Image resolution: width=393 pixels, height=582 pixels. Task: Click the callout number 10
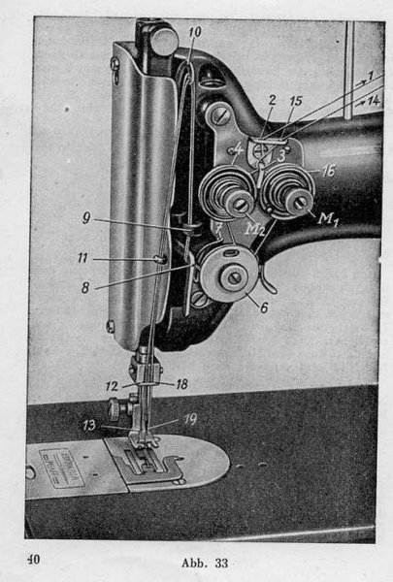195,32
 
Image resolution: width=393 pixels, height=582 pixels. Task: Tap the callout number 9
86,217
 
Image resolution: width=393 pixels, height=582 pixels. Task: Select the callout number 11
82,258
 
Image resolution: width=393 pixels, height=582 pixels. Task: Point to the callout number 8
85,287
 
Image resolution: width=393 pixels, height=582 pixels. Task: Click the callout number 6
264,307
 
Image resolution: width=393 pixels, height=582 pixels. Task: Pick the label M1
326,218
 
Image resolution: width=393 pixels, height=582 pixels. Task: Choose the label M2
254,229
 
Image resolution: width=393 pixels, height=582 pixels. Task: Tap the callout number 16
328,171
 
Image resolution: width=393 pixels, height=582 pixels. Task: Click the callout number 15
296,101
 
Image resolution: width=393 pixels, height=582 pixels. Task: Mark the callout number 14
374,100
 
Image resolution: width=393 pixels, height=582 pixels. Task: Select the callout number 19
190,419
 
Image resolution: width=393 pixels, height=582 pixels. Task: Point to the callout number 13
89,425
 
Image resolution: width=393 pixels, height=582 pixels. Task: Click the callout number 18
182,384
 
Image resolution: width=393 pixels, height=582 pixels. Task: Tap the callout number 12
112,386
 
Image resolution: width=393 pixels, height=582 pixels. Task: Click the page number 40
33,559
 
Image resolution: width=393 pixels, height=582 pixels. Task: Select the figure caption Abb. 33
205,563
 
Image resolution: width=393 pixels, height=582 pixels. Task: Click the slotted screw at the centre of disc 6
234,277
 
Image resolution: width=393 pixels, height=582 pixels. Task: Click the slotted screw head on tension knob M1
301,203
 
